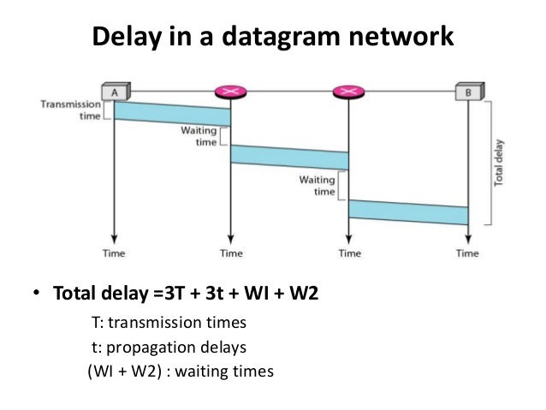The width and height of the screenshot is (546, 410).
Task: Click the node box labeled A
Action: tap(114, 90)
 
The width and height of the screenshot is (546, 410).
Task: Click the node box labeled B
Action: tap(467, 90)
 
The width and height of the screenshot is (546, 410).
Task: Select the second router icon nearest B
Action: tap(348, 90)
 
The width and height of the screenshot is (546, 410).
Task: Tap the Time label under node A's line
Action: tap(114, 253)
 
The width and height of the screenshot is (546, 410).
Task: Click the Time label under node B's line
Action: tap(467, 253)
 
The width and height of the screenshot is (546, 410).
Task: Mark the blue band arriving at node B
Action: tap(408, 211)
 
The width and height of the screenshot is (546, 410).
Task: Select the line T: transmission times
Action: tap(169, 324)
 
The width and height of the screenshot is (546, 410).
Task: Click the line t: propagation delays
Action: tap(169, 348)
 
